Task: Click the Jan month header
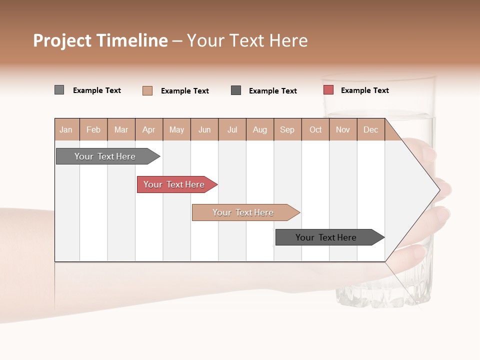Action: tap(66, 129)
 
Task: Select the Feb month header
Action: tap(93, 129)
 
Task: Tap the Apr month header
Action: tap(148, 129)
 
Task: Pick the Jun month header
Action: tap(204, 129)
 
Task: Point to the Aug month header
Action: tap(259, 129)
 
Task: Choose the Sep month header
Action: tap(287, 129)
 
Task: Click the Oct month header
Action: tap(315, 129)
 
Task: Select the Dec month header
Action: tap(370, 129)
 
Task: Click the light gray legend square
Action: tap(59, 90)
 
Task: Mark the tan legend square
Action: tap(147, 90)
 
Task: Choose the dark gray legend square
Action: tap(236, 90)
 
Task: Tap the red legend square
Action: tap(328, 90)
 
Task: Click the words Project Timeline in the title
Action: tap(100, 40)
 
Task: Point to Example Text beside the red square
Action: tap(364, 90)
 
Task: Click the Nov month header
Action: tap(343, 129)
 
